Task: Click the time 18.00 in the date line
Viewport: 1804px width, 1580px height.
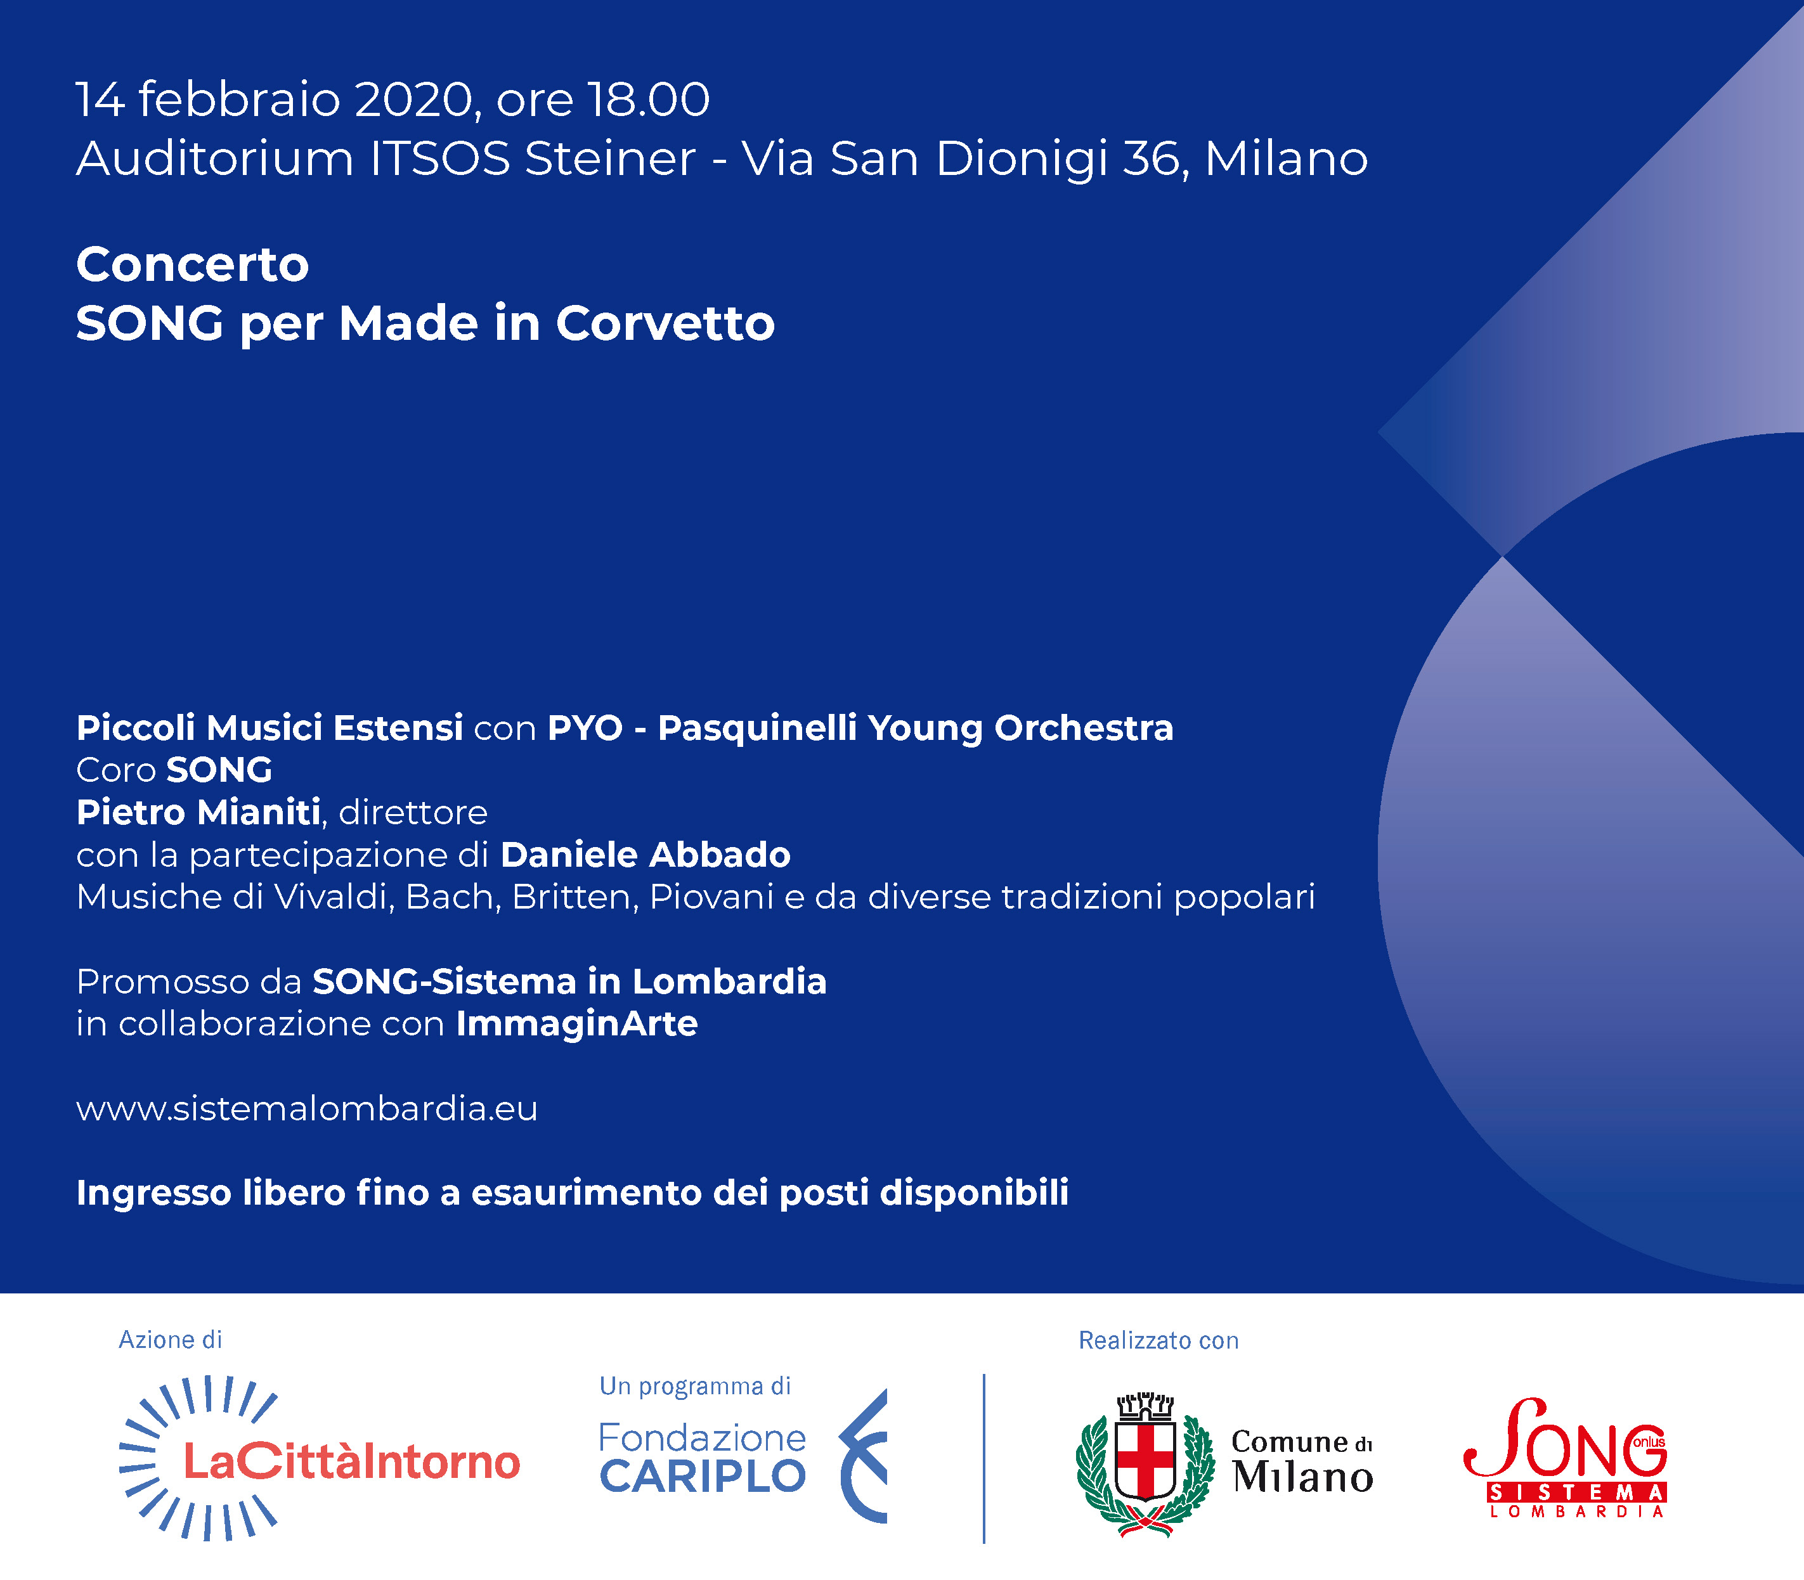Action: pos(648,99)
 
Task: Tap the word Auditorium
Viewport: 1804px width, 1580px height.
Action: pos(215,159)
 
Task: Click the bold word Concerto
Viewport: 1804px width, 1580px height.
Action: pos(192,264)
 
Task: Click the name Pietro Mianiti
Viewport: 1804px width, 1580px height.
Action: pos(198,812)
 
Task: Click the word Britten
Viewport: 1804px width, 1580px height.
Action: pos(575,897)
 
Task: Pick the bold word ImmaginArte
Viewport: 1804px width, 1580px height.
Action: pos(576,1024)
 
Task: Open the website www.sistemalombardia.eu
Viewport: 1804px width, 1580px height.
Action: pos(307,1108)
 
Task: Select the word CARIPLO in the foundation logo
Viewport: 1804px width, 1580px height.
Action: pos(703,1476)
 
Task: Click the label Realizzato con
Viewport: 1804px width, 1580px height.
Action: pos(1158,1340)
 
